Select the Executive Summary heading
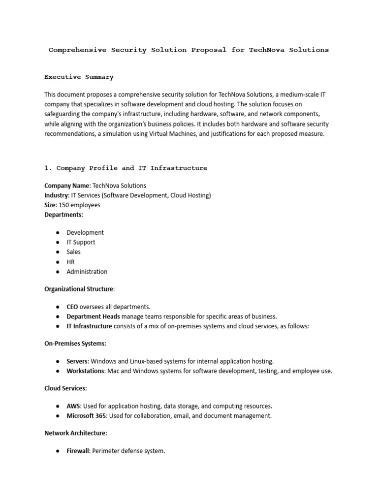click(79, 77)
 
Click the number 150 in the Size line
click(64, 205)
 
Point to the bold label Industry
click(56, 195)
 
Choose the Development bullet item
click(85, 232)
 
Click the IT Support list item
click(81, 242)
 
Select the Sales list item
click(74, 252)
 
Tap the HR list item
click(71, 262)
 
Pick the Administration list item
click(87, 272)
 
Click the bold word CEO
click(72, 307)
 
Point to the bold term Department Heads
click(93, 316)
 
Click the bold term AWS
click(73, 406)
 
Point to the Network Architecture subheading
click(75, 433)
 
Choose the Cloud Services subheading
click(65, 388)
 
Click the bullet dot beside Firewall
click(58, 451)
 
